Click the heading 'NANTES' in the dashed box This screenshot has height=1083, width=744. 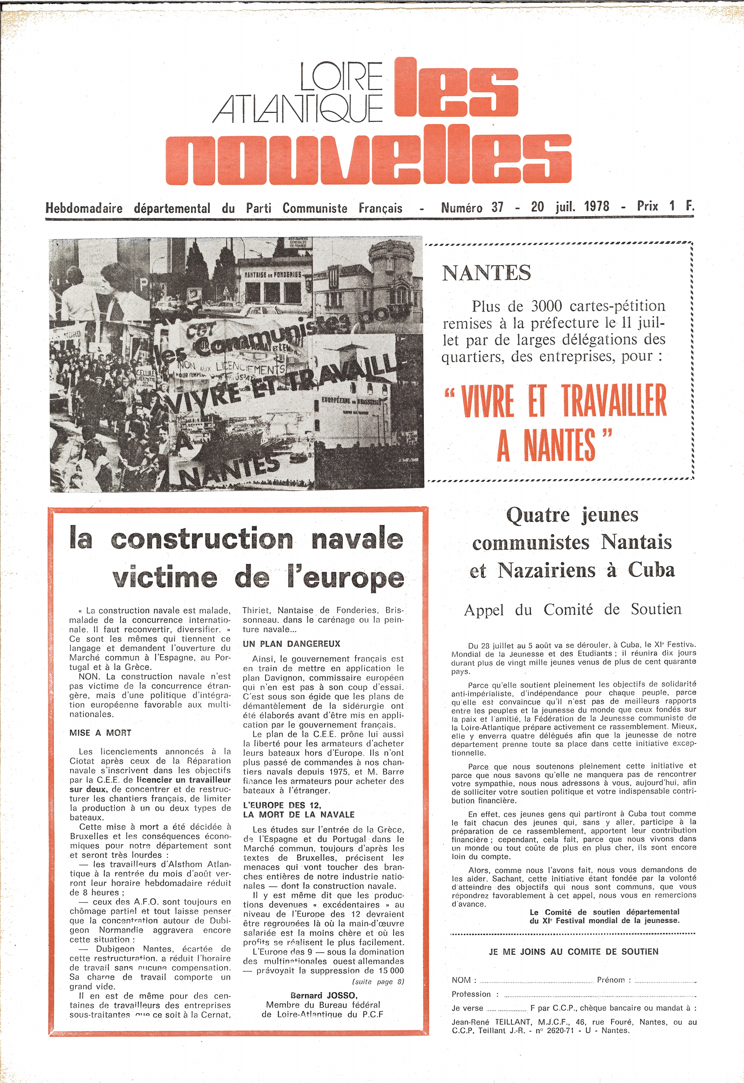(x=486, y=273)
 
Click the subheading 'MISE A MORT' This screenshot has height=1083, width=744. (x=100, y=733)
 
